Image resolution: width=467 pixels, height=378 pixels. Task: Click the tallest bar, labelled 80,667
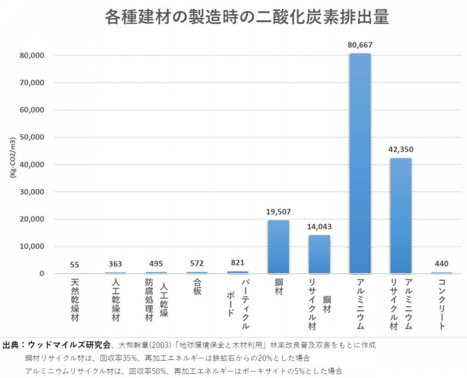pyautogui.click(x=360, y=163)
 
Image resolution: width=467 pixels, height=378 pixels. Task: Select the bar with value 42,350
pyautogui.click(x=400, y=216)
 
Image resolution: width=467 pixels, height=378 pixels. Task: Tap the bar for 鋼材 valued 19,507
pyautogui.click(x=278, y=247)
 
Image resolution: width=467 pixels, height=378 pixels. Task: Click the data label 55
pyautogui.click(x=75, y=264)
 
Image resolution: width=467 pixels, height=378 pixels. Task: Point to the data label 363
pyautogui.click(x=115, y=264)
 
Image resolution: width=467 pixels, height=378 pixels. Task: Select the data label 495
pyautogui.click(x=156, y=264)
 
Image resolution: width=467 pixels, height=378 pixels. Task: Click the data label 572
pyautogui.click(x=197, y=264)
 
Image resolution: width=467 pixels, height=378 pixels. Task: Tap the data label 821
pyautogui.click(x=238, y=263)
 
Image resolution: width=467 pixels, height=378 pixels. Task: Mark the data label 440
pyautogui.click(x=441, y=264)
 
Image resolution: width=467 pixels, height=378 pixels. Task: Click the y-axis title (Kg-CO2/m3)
pyautogui.click(x=11, y=164)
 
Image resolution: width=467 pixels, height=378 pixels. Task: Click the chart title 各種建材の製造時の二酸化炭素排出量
pyautogui.click(x=246, y=17)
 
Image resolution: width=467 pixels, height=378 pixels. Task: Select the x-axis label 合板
pyautogui.click(x=197, y=287)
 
